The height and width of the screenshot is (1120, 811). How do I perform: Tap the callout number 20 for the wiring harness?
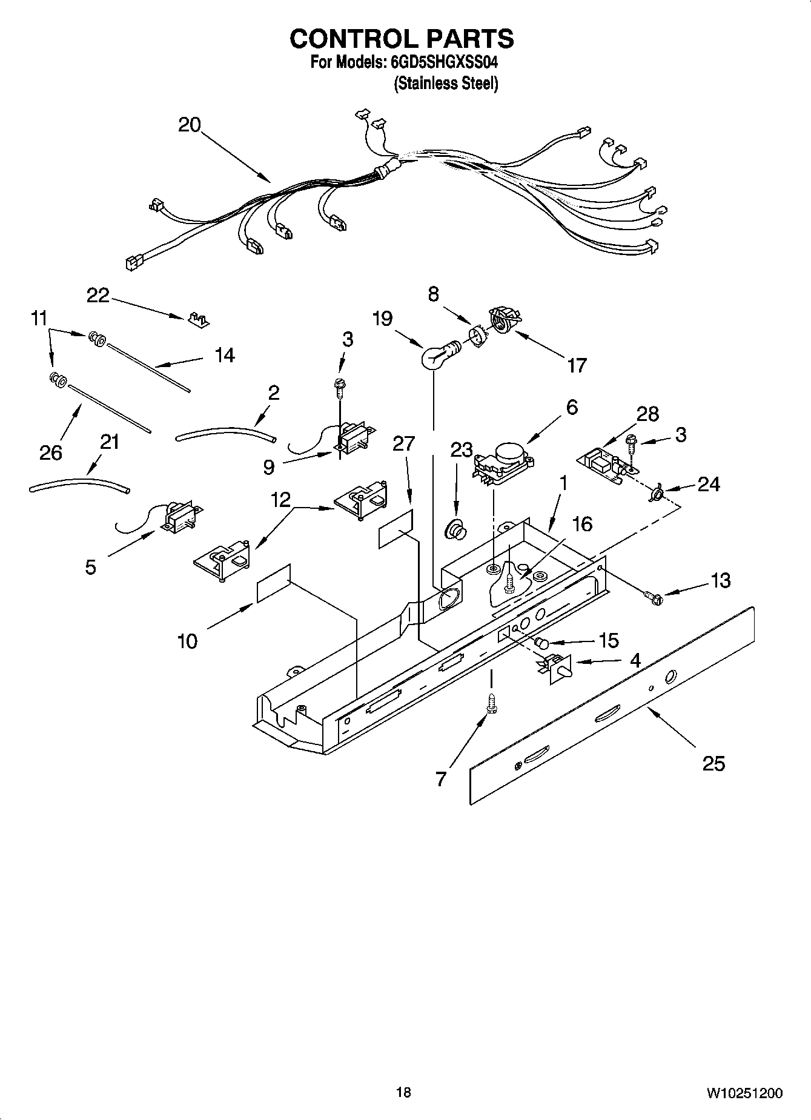click(190, 125)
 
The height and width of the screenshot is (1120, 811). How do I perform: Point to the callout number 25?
click(713, 763)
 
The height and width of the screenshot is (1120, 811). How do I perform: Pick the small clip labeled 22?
click(197, 319)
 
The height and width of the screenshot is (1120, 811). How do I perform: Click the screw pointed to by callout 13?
click(654, 598)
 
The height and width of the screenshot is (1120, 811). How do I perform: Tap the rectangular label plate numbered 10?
click(274, 583)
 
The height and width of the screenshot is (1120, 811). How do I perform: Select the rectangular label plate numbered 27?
click(396, 528)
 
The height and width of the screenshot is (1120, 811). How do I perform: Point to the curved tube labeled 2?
click(225, 432)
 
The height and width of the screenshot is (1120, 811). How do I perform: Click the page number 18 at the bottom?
click(403, 1092)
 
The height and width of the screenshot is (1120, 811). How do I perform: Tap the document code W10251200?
click(744, 1093)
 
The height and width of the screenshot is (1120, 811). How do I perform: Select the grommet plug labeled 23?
click(456, 530)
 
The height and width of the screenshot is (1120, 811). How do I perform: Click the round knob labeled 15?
click(541, 642)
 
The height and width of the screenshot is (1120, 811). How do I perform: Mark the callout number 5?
click(90, 568)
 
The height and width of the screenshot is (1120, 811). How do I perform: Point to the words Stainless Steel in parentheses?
click(446, 84)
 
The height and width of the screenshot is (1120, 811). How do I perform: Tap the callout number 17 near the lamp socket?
click(577, 365)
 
